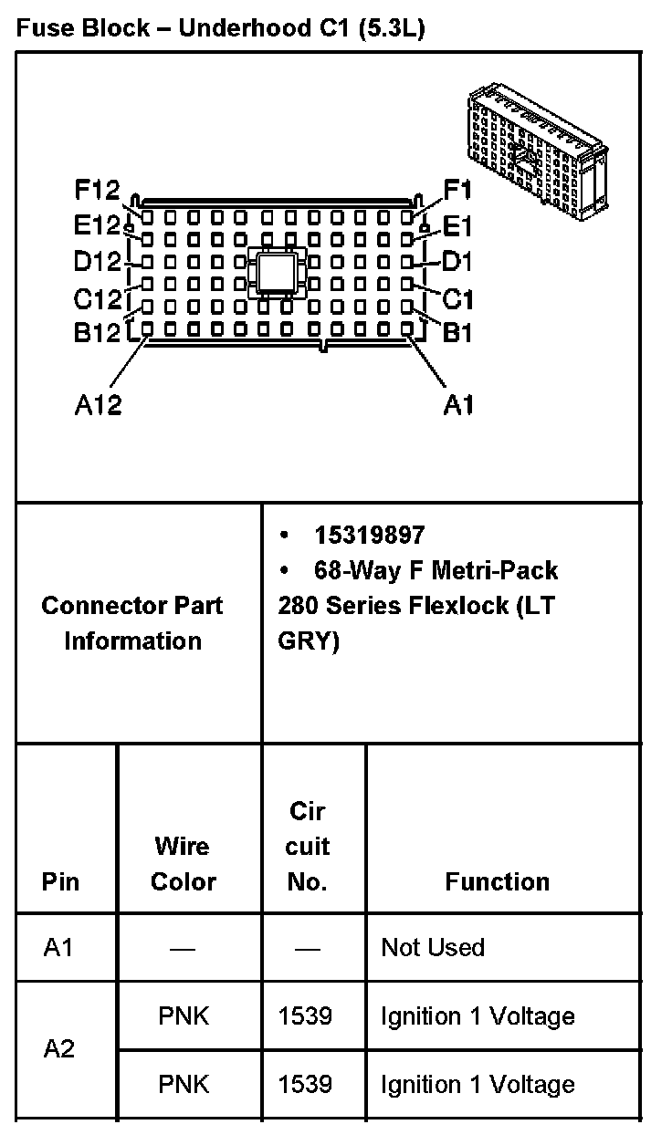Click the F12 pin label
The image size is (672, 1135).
[x=98, y=190]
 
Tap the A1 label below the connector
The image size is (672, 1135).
[x=458, y=404]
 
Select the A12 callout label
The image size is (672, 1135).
[x=98, y=404]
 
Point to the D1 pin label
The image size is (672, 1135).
[x=457, y=263]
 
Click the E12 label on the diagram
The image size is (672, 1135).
[x=98, y=224]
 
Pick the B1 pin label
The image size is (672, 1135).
[x=457, y=333]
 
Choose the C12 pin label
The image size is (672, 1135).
[x=98, y=298]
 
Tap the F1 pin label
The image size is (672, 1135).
[x=457, y=190]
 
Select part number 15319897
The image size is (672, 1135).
[x=370, y=536]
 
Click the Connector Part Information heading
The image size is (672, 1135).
[x=132, y=623]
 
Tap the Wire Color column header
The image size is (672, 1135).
[x=183, y=864]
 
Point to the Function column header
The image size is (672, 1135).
[x=498, y=881]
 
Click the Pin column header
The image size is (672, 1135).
[x=60, y=881]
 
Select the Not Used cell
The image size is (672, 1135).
[x=433, y=947]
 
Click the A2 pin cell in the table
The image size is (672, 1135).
[x=59, y=1049]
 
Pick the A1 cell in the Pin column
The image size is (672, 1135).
[x=58, y=947]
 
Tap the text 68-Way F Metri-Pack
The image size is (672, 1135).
[x=436, y=571]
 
